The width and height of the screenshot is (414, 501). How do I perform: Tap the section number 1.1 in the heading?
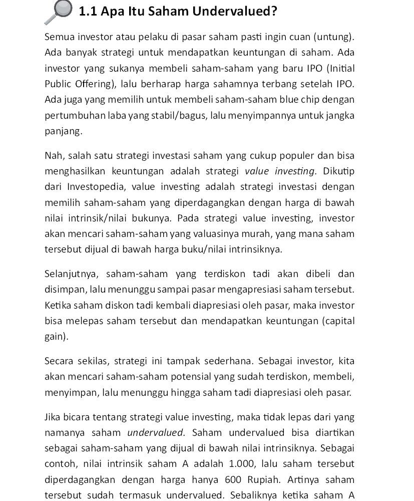pos(89,11)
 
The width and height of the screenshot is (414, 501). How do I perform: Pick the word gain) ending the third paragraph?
pos(57,337)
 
